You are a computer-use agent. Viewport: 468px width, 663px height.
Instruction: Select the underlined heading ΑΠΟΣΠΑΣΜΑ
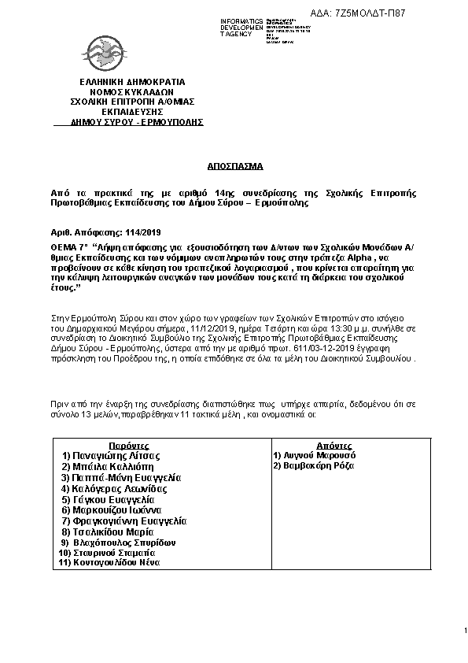(x=233, y=167)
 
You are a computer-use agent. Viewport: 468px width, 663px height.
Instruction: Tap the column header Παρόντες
(x=130, y=445)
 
